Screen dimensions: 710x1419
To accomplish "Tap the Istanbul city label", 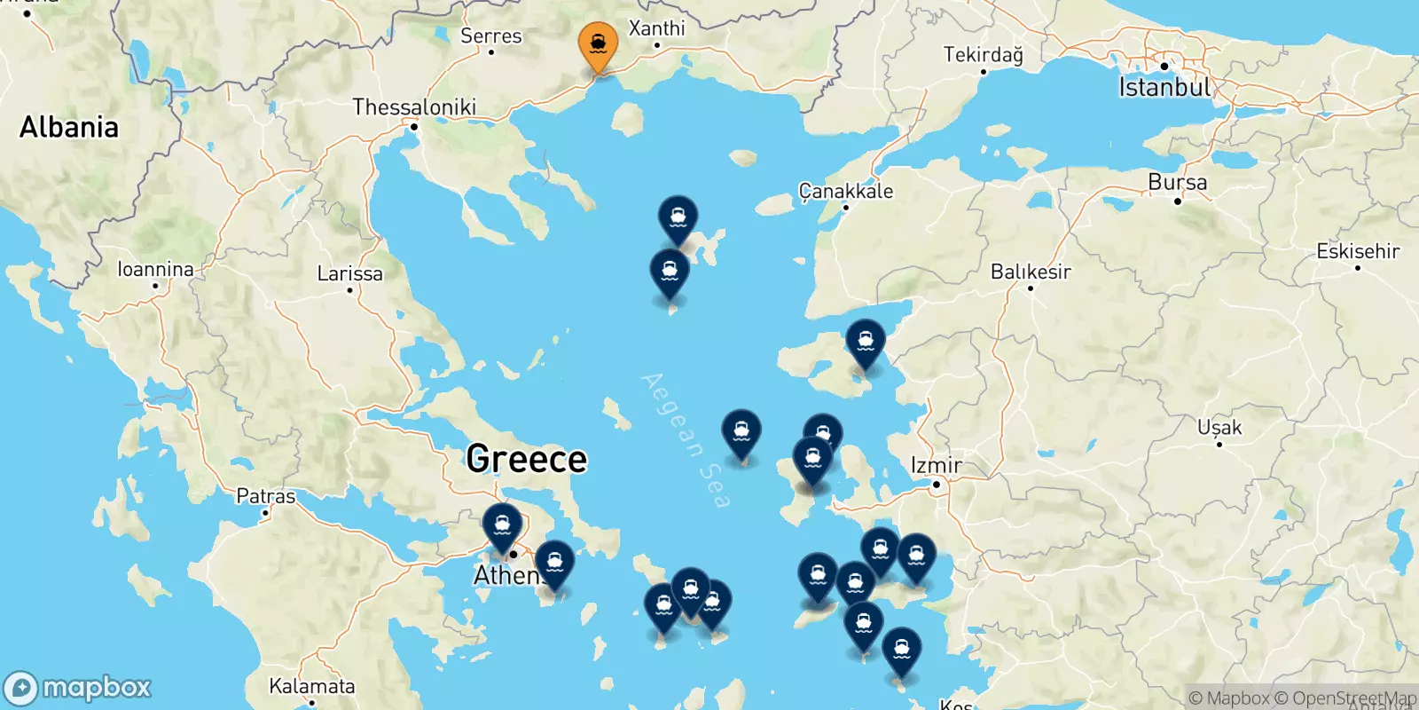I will tap(1164, 87).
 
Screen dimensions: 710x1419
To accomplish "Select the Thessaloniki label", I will tap(414, 107).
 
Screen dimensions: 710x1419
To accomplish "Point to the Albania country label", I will tap(69, 127).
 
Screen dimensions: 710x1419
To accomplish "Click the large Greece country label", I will tap(526, 459).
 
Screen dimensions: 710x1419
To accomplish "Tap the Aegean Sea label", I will tap(686, 440).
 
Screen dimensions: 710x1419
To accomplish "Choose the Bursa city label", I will tap(1177, 183).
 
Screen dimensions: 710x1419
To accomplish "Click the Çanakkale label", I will tap(846, 191).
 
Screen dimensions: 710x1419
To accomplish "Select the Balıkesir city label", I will tap(1031, 272).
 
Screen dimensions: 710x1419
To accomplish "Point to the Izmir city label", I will tap(937, 465).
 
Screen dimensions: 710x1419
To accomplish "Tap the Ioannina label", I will tap(155, 269).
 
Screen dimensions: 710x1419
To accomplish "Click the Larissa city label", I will tap(349, 273).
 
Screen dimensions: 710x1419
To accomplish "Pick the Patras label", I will tap(265, 496).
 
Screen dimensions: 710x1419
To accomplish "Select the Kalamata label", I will tap(311, 686).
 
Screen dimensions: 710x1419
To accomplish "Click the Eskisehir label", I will tap(1358, 251).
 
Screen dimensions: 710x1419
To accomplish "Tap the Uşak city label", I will tap(1219, 428).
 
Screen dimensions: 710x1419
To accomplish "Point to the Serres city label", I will tap(491, 36).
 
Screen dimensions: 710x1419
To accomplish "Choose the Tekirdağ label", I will tap(983, 55).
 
